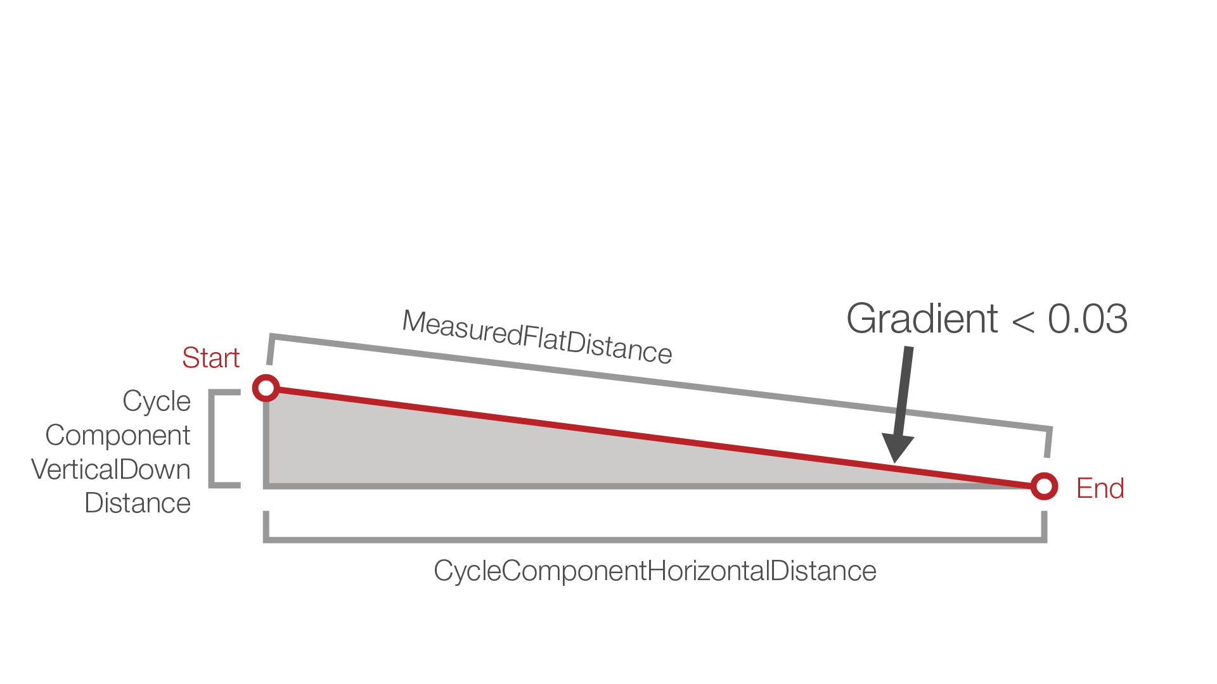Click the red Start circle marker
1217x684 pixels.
266,388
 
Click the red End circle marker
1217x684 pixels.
1044,486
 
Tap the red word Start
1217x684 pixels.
210,358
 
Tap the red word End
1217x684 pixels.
1100,488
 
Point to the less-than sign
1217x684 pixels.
1023,321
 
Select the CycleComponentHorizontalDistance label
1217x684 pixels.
655,571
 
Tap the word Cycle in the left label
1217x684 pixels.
157,401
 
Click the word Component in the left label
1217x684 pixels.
118,435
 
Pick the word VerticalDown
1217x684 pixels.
111,469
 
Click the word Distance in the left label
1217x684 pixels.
138,503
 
